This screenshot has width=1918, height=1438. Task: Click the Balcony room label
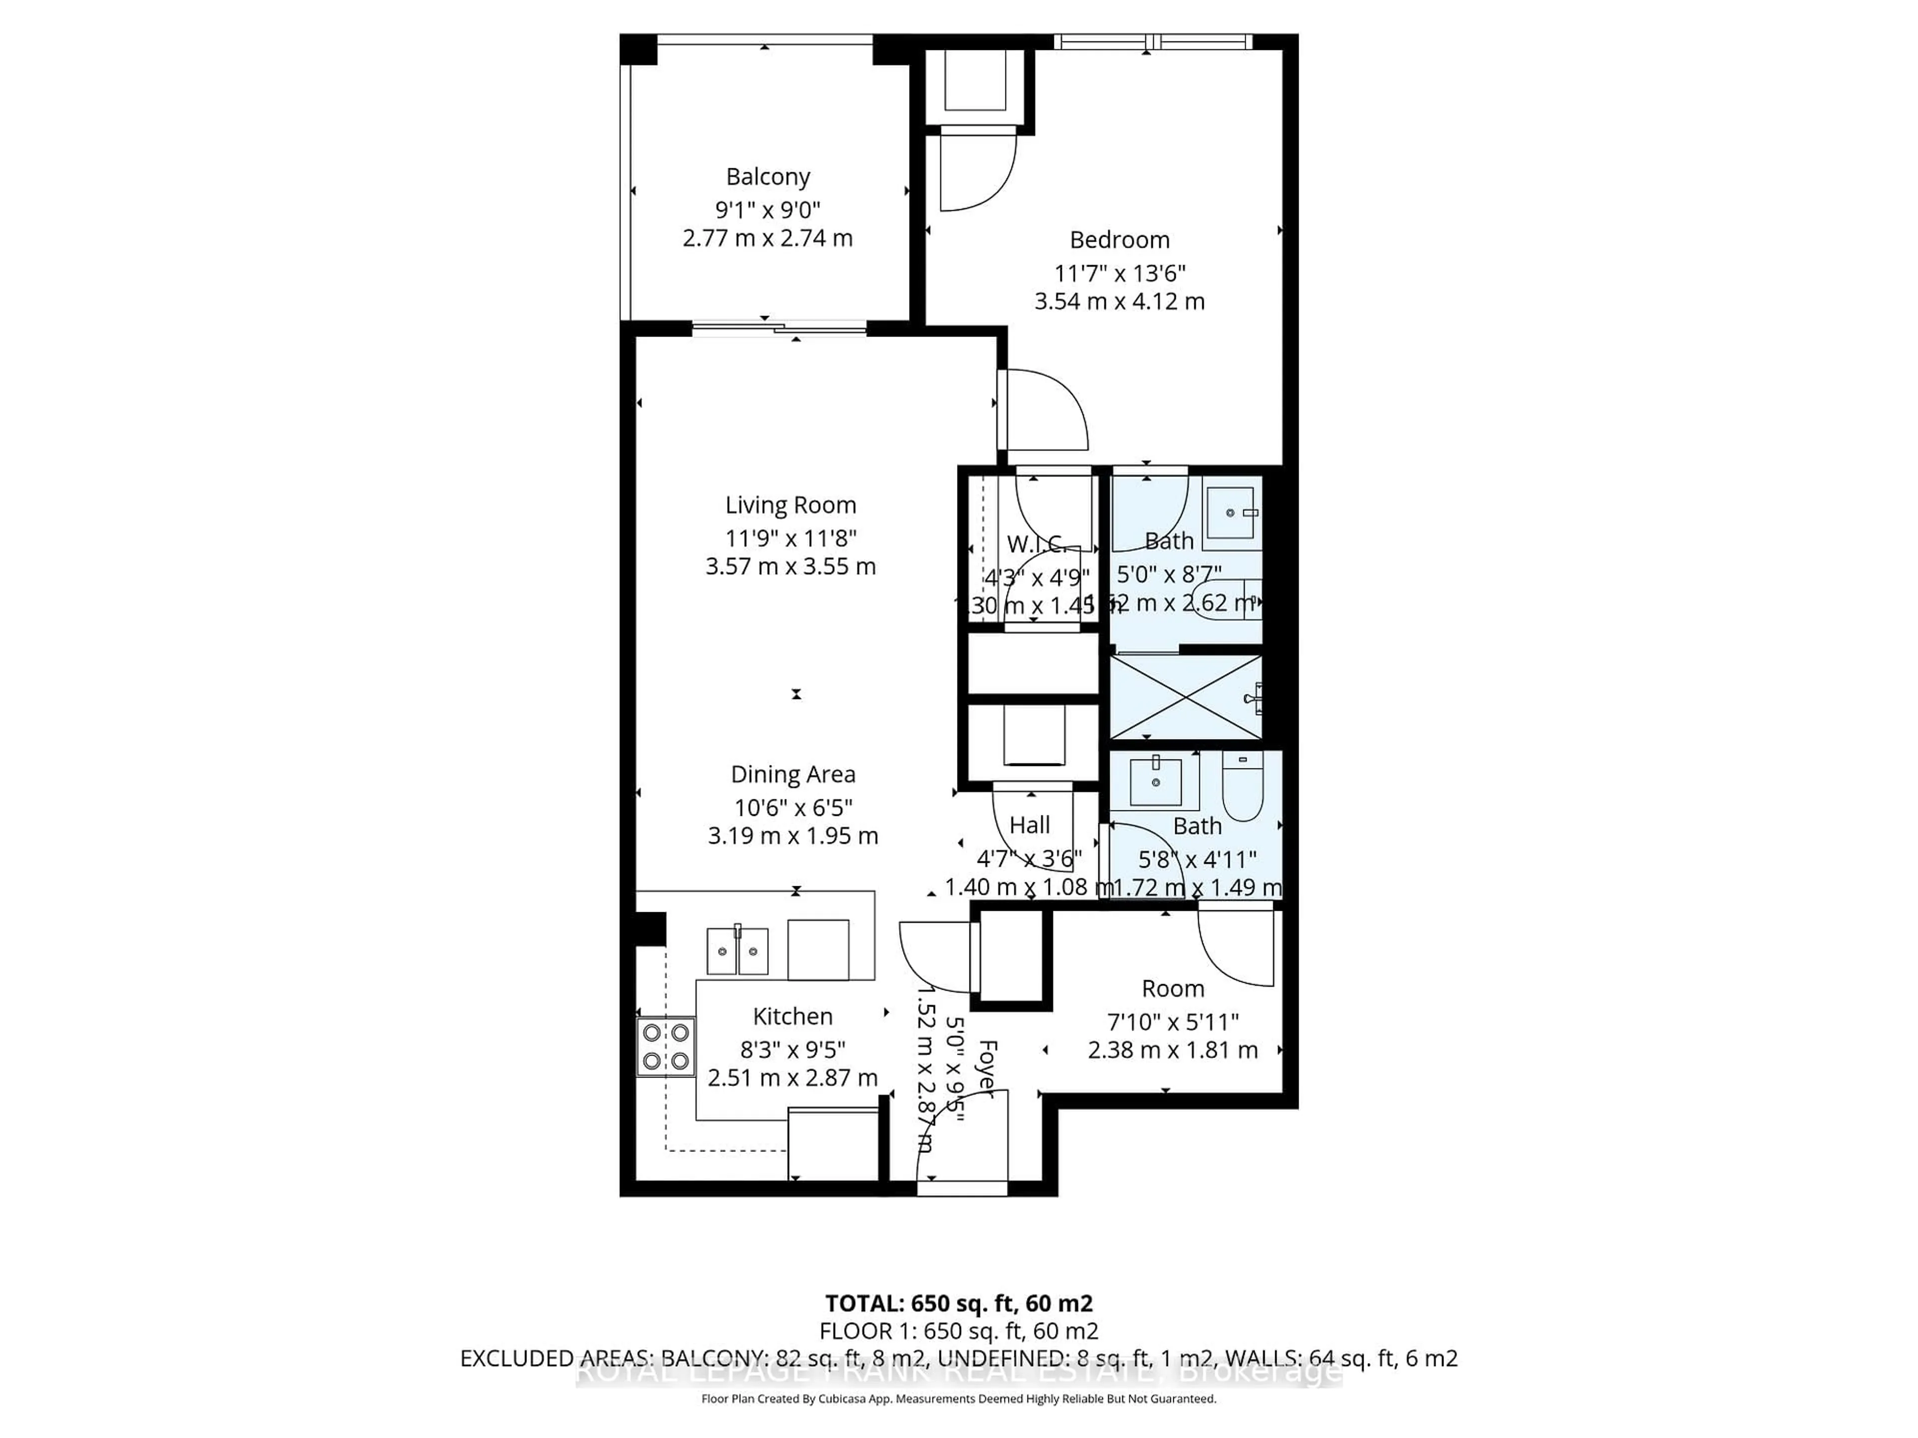(767, 177)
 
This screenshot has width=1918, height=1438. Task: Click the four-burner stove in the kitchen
(666, 1046)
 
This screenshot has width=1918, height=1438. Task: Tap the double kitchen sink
(737, 951)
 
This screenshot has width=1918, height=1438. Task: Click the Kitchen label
(793, 1017)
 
